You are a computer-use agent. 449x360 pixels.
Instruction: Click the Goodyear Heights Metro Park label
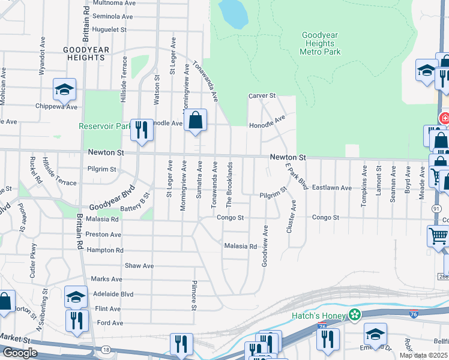click(x=321, y=43)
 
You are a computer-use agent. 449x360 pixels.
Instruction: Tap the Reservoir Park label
click(x=104, y=126)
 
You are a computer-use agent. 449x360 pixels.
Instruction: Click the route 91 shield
click(x=436, y=208)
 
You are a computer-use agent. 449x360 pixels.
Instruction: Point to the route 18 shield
click(x=106, y=349)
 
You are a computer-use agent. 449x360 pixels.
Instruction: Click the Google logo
click(x=20, y=353)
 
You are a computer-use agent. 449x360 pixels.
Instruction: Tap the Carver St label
click(x=262, y=95)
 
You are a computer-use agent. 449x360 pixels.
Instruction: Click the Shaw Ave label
click(x=139, y=265)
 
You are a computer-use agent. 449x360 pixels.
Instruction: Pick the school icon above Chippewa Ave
click(x=64, y=90)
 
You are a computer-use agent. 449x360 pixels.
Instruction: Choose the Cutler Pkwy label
click(x=32, y=263)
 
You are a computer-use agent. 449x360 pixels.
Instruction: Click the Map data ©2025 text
click(x=422, y=355)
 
